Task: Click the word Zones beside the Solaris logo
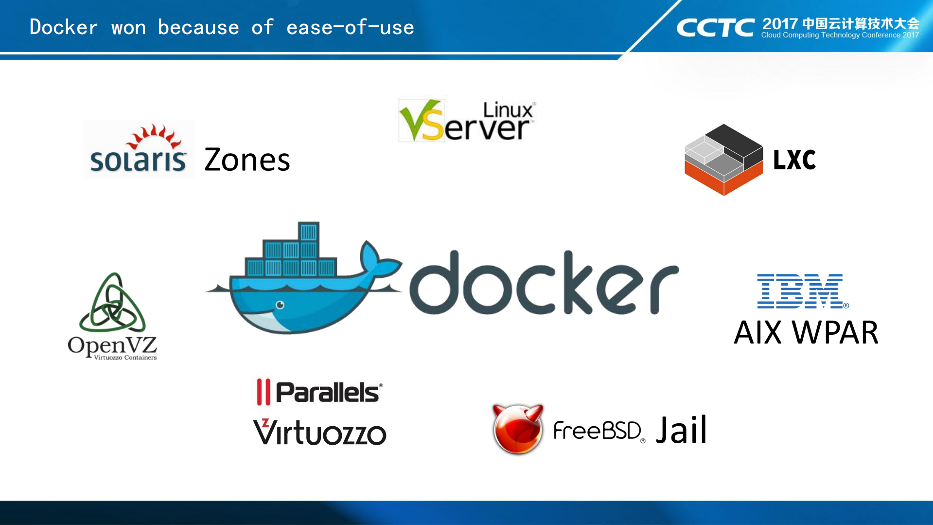point(247,160)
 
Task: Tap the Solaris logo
point(139,149)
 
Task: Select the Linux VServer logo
point(466,121)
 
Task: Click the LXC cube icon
point(723,160)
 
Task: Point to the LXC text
point(794,160)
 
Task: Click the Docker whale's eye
point(280,305)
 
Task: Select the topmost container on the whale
point(308,232)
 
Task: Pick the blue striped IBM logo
point(801,291)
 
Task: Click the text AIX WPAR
point(806,333)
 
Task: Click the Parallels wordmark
point(328,392)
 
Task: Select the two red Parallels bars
point(263,392)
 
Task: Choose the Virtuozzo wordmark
point(319,432)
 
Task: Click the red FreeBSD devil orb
point(517,429)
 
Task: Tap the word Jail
point(681,430)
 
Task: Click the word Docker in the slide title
point(64,27)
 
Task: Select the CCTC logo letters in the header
point(715,28)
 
